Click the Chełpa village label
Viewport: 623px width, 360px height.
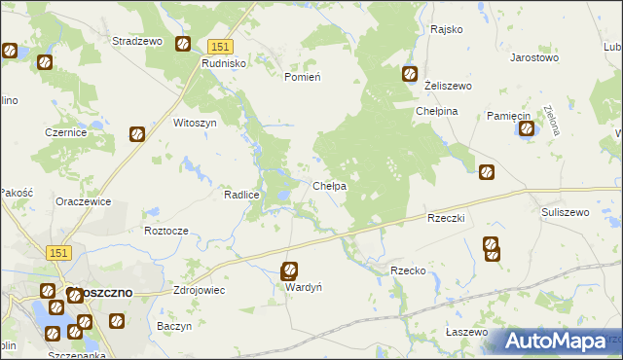330,186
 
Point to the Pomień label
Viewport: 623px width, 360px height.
303,77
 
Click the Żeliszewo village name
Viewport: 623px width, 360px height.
449,87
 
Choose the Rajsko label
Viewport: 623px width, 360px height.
446,29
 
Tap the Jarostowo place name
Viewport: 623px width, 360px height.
534,57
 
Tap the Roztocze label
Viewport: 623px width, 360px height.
165,231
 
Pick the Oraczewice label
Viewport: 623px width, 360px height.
83,201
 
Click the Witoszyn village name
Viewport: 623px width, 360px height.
194,124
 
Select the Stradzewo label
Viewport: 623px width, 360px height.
136,42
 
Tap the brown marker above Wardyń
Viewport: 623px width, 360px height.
290,271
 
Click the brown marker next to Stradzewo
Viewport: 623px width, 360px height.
182,44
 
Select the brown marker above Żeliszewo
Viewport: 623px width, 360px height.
410,73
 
